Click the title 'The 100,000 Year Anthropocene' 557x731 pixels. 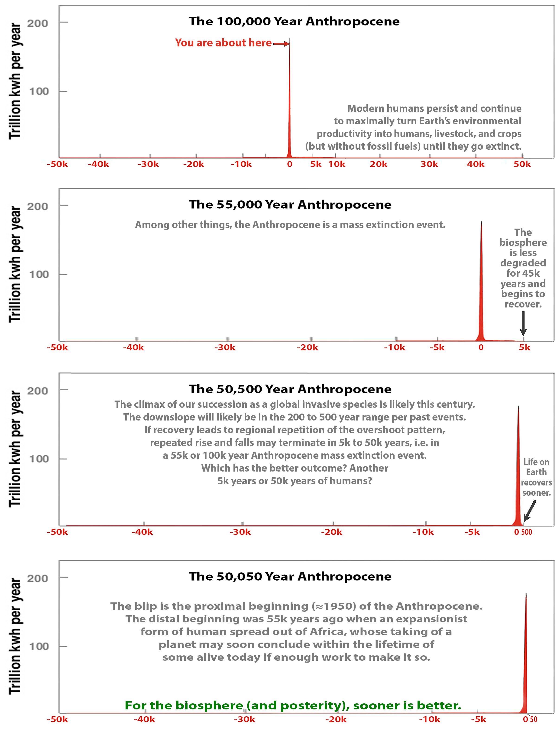point(294,21)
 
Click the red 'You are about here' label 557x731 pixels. point(223,43)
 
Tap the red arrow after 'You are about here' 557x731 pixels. point(281,43)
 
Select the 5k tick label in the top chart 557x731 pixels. point(316,164)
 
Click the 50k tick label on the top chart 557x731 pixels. point(522,164)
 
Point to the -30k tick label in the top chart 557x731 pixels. point(148,164)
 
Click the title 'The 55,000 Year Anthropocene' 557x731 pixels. point(290,204)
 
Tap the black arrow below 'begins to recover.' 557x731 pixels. point(523,323)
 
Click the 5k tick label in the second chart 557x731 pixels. point(525,347)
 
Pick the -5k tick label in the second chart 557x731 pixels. point(437,347)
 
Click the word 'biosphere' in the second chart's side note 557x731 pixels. point(523,243)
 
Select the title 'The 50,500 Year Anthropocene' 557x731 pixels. point(290,389)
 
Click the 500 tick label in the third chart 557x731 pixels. point(527,532)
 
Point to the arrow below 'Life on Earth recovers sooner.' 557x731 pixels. point(529,511)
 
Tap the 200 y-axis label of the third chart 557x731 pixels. point(37,391)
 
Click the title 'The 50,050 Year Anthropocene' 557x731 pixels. point(290,576)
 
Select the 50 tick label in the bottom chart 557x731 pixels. point(534,719)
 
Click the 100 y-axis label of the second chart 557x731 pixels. point(39,275)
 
